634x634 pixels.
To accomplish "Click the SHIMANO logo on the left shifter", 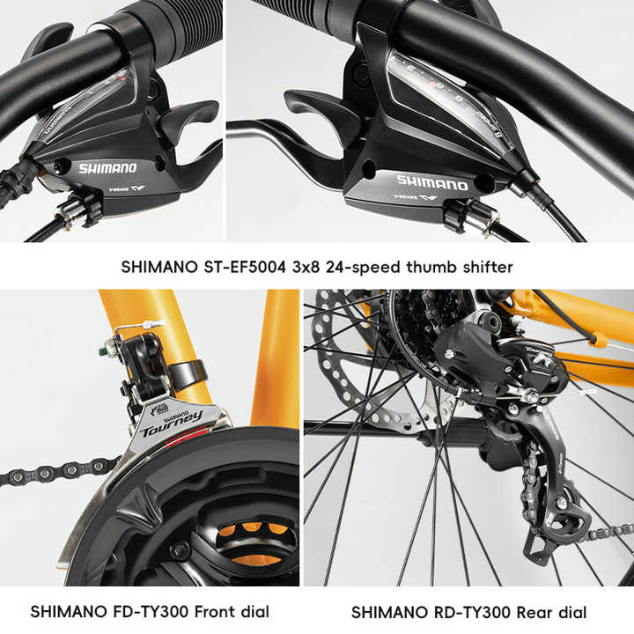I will point(107,167).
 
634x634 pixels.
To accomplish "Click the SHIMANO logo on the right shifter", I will point(431,183).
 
